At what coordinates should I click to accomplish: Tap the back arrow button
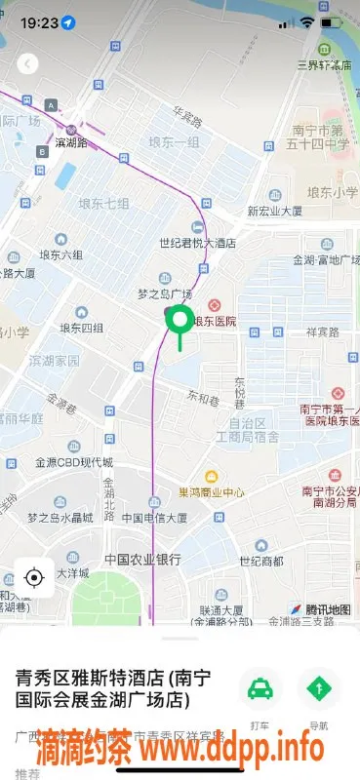coord(28,64)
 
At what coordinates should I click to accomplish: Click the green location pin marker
coord(180,321)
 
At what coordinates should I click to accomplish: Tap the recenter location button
coord(34,577)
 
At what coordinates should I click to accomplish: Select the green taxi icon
coord(260,690)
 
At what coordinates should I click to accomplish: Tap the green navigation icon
coord(318,690)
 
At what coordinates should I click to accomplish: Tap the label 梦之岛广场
coord(165,294)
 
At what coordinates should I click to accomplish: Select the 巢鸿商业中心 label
coord(212,492)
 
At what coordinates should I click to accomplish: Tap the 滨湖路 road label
coord(71,142)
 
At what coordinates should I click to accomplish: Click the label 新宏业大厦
coord(275,211)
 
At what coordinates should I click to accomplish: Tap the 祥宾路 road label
coord(321,331)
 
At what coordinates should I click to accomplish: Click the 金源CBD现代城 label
coord(74,462)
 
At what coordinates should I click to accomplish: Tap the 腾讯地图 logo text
coord(327,609)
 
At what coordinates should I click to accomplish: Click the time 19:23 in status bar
coord(38,21)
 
